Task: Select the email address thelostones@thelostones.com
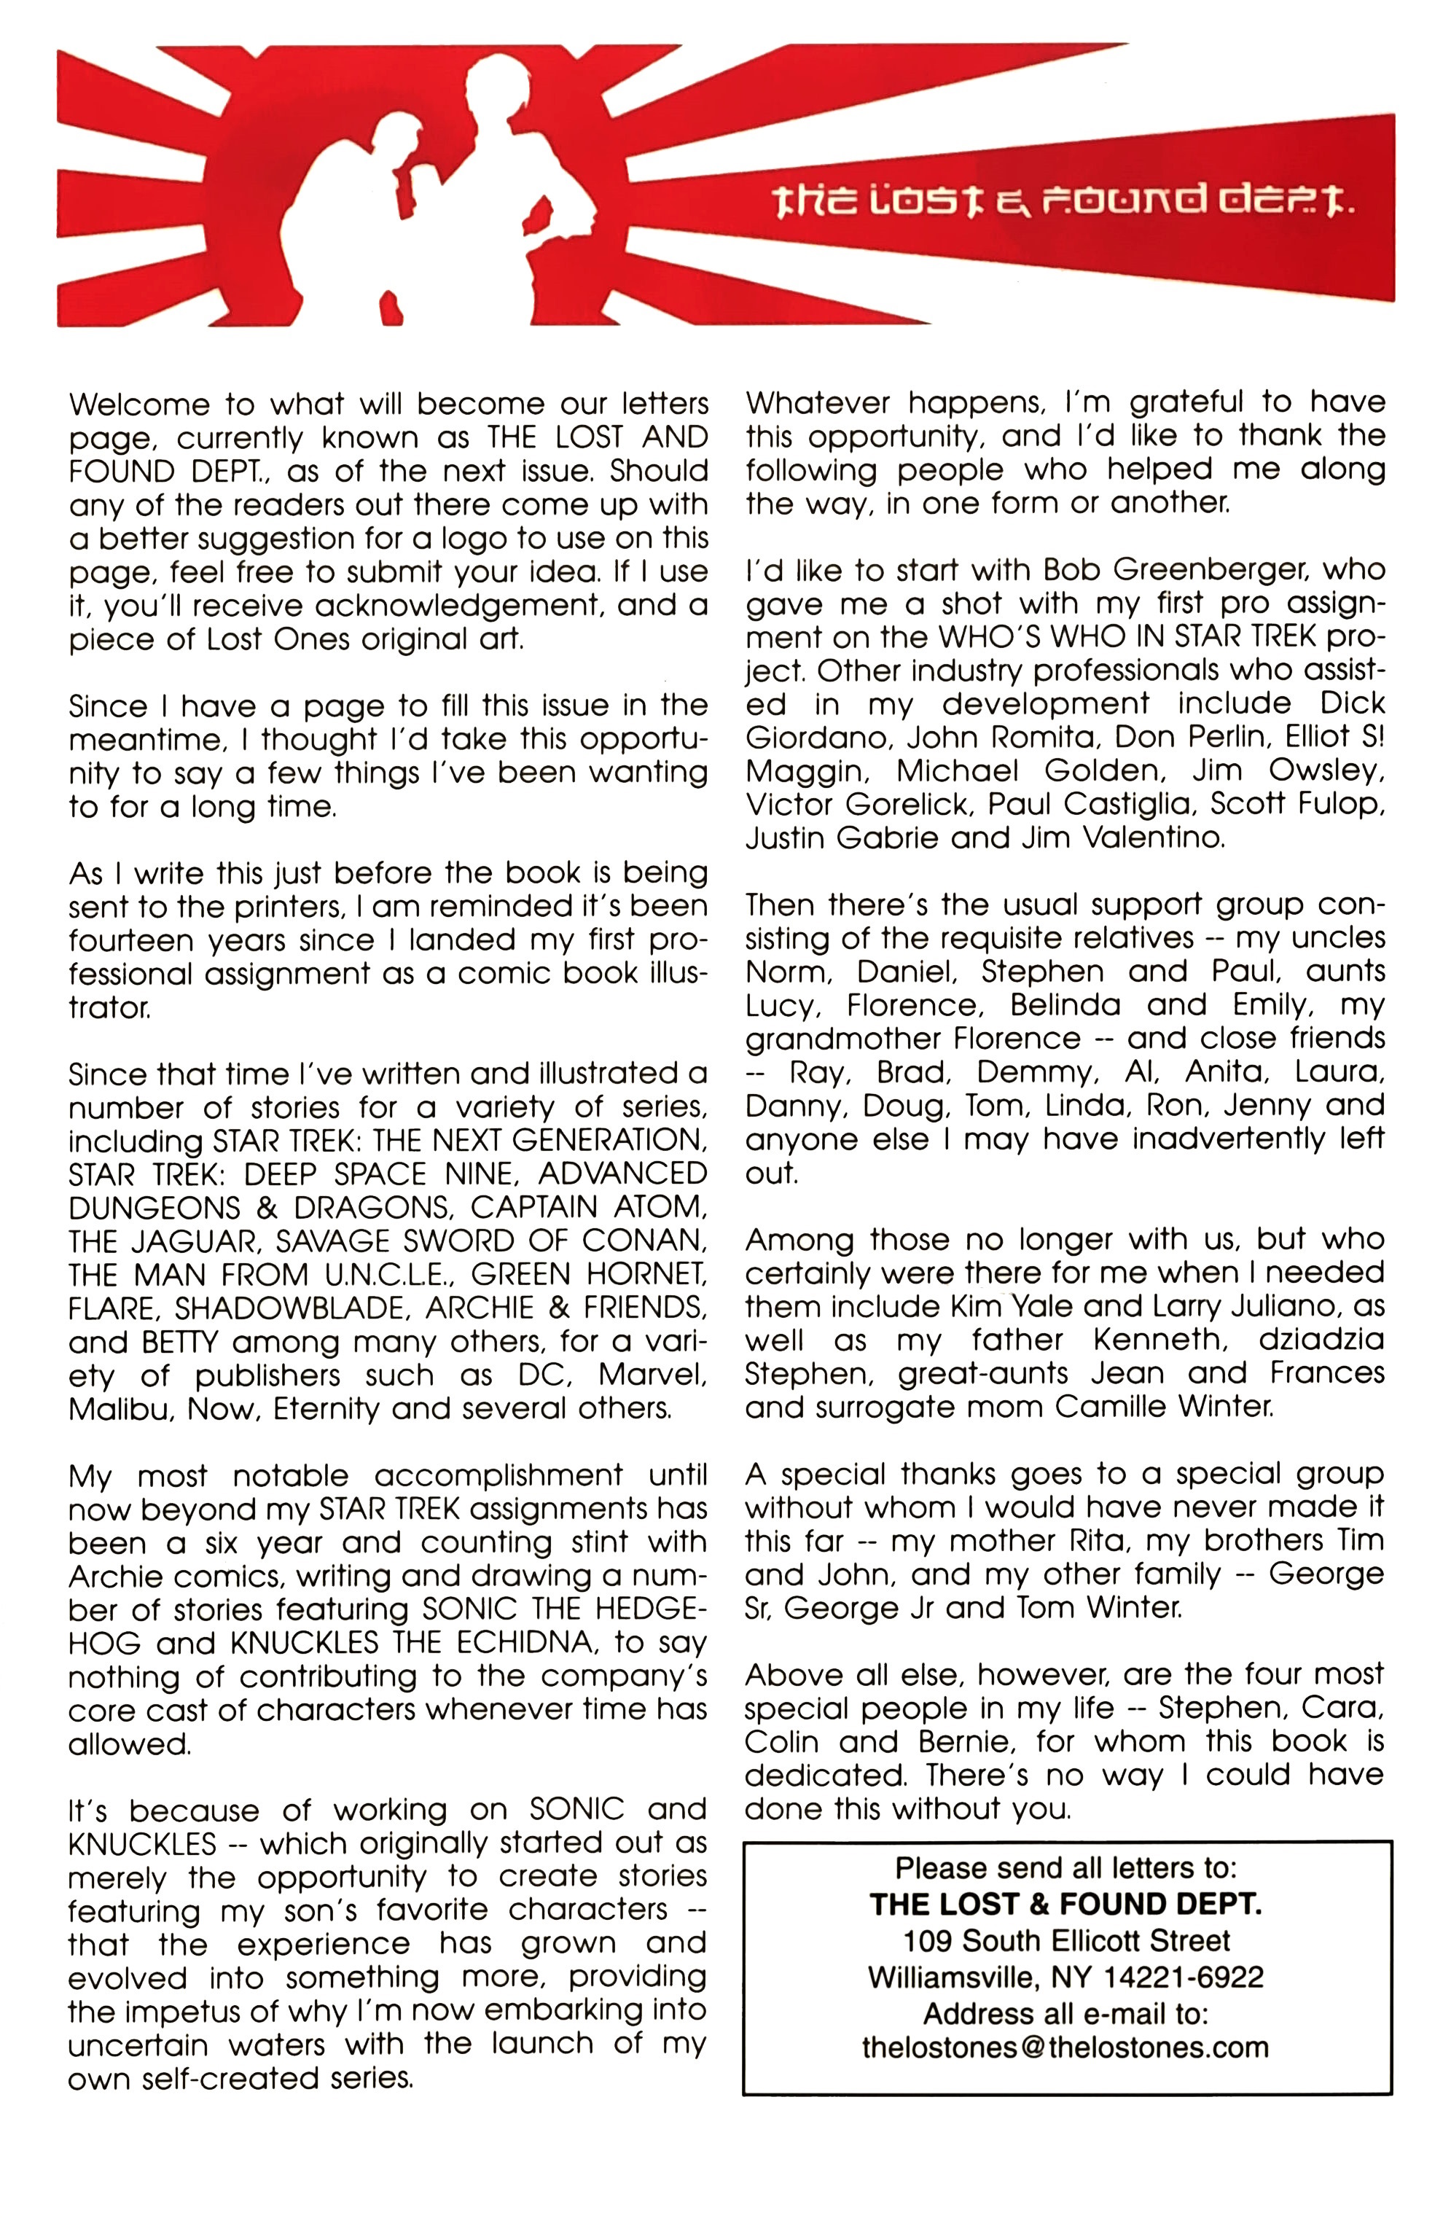tap(1065, 2047)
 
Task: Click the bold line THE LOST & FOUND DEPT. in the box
tap(1065, 1905)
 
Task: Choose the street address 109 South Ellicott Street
tap(1065, 1940)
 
